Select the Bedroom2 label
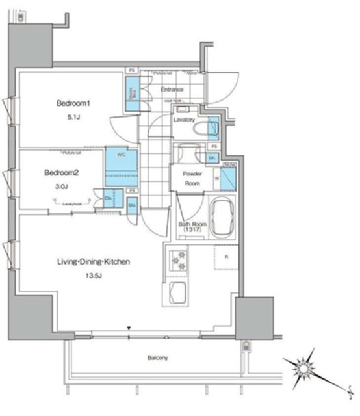coord(62,173)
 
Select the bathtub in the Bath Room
coord(224,218)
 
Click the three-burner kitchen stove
coord(177,260)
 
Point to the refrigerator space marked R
coord(225,257)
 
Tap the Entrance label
coord(172,90)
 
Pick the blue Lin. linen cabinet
coord(212,158)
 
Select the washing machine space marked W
coord(227,176)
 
